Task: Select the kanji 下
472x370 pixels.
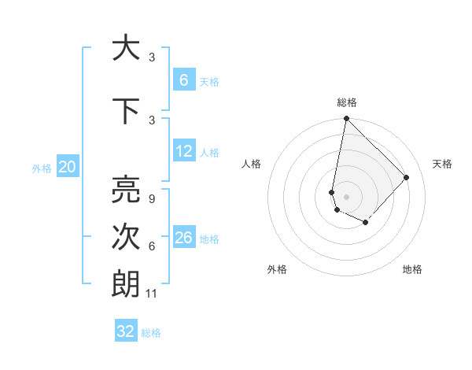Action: (x=124, y=110)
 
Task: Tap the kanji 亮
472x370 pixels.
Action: (x=124, y=189)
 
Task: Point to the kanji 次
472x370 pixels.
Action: (x=124, y=237)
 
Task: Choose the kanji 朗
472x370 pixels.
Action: (x=124, y=284)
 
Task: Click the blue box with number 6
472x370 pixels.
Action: (x=183, y=80)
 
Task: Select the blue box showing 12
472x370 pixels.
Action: (x=183, y=151)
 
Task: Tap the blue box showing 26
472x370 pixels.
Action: (x=183, y=238)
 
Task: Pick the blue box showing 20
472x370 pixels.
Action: (x=68, y=167)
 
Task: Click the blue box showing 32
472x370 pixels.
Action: (x=126, y=331)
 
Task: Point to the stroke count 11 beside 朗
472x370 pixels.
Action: (x=152, y=294)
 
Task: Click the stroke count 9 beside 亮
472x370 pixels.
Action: (x=151, y=199)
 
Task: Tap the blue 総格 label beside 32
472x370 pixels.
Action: (x=151, y=333)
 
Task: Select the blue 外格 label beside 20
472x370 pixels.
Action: (x=42, y=168)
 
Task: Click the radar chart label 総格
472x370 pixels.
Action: (x=346, y=103)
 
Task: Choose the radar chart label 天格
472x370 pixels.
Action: (x=442, y=164)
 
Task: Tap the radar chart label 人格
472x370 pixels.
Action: (x=251, y=164)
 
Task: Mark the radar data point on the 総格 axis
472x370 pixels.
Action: (x=346, y=119)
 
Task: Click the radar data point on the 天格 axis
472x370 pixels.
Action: (x=407, y=177)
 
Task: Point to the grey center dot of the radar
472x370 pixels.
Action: (x=346, y=197)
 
